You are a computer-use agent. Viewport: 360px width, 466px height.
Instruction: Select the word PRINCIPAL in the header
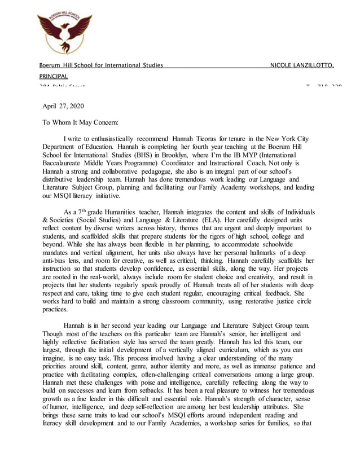[x=53, y=76]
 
